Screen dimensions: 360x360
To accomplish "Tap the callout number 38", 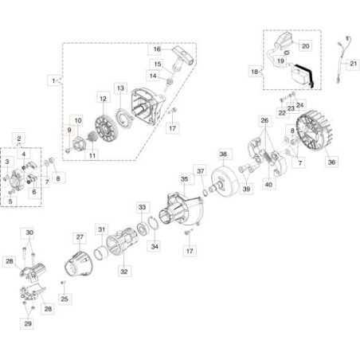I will click(224, 154).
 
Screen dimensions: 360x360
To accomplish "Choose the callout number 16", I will click(157, 48).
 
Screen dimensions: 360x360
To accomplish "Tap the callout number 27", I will click(80, 237).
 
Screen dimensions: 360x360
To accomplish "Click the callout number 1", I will click(53, 80).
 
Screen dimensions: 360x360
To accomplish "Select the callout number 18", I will click(254, 72).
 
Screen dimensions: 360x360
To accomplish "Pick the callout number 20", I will click(305, 46).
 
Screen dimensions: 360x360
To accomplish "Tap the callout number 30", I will click(30, 233).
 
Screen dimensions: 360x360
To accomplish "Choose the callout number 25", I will click(65, 299).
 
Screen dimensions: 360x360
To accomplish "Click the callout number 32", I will click(123, 271).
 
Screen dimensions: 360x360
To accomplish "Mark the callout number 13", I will click(120, 87).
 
